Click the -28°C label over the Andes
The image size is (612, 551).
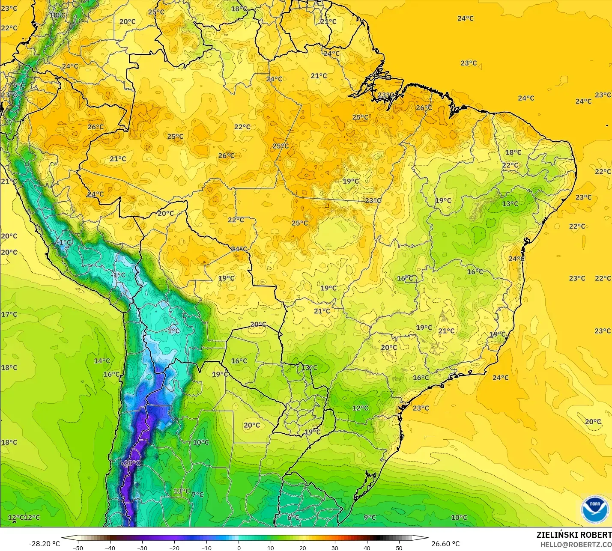pos(131,463)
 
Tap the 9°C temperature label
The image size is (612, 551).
pos(370,517)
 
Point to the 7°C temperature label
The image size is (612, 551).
pos(197,494)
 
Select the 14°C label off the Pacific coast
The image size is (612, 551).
pos(102,360)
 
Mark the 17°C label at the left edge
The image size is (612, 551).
pos(9,314)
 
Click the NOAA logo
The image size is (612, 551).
pos(595,509)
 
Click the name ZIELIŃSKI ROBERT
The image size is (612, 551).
pos(574,535)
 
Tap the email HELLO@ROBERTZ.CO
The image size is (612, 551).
pos(576,545)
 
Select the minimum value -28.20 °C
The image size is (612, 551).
pos(44,544)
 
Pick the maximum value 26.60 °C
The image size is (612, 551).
pos(445,544)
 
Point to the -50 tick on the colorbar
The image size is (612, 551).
pos(78,548)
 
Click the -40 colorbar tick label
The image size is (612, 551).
pos(110,548)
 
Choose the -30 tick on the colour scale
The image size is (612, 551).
pos(142,548)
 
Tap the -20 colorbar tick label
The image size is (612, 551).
pos(174,548)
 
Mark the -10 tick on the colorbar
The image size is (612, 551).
pos(206,548)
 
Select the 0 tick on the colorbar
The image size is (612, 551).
pos(239,548)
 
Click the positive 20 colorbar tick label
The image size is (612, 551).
pos(303,548)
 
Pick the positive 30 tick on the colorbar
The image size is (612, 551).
pos(335,548)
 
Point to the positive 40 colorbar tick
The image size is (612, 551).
pos(367,548)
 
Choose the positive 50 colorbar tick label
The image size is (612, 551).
pos(399,548)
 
